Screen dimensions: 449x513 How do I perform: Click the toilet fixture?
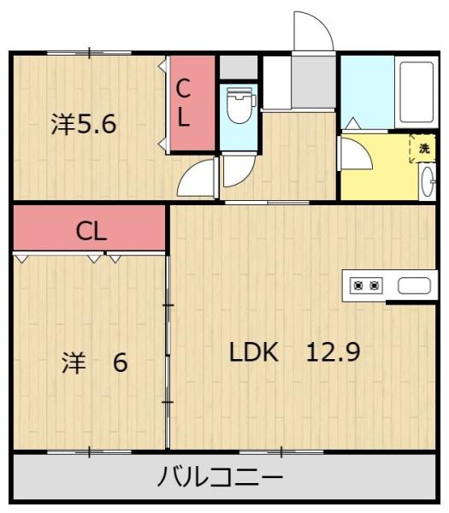point(241,104)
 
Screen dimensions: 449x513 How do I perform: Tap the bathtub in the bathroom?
point(417,92)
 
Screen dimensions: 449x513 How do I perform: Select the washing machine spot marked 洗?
point(422,148)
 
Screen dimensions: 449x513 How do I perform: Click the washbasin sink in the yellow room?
point(428,181)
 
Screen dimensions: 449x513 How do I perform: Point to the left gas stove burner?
point(359,286)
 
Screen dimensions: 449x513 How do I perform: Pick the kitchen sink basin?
point(414,286)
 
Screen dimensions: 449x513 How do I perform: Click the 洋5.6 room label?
point(84,124)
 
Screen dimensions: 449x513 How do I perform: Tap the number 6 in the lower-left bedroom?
point(120,363)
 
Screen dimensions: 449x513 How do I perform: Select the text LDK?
point(254,351)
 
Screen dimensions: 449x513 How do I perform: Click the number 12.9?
point(334,351)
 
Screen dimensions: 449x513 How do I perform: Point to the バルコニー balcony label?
point(221,477)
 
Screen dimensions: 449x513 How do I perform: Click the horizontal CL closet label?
point(92,232)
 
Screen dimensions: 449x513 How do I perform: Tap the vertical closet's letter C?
point(183,88)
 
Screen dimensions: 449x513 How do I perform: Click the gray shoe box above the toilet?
point(239,68)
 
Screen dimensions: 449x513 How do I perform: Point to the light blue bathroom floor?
point(368,92)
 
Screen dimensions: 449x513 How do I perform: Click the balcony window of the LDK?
point(281,451)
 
